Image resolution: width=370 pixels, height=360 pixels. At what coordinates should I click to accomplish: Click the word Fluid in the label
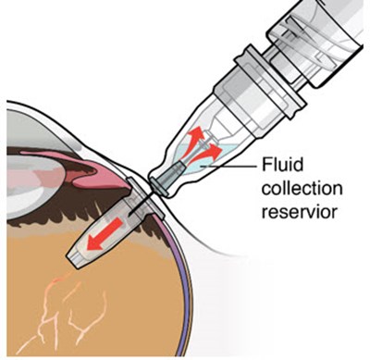click(282, 165)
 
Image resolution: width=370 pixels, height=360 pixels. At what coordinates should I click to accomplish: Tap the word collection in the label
click(302, 188)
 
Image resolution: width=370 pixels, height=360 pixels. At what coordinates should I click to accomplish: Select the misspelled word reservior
click(299, 212)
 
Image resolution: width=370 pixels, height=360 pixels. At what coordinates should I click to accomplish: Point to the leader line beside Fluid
click(229, 167)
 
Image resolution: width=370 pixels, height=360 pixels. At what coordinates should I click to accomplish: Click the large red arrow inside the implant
click(104, 233)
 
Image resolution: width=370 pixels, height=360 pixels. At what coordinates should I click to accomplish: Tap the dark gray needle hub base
click(167, 178)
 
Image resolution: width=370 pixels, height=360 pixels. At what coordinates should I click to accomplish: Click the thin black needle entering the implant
click(141, 205)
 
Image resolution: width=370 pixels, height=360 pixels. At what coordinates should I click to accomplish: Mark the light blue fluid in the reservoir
click(201, 159)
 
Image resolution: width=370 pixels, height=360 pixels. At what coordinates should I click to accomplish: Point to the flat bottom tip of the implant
click(75, 260)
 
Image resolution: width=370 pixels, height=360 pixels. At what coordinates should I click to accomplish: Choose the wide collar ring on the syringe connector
click(268, 83)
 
